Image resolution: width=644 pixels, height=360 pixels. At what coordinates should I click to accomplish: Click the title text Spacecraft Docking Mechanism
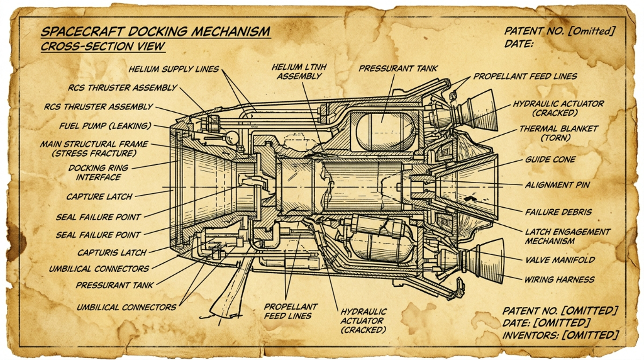(156, 31)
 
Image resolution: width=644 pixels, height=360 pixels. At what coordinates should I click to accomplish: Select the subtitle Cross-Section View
(103, 47)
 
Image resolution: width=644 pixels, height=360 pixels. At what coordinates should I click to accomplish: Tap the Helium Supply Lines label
(174, 69)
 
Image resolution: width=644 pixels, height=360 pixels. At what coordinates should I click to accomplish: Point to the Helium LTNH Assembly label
(299, 72)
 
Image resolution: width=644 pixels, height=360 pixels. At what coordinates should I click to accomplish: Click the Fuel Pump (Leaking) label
(105, 126)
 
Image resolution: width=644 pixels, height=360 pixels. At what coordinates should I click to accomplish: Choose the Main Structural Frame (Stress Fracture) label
(94, 149)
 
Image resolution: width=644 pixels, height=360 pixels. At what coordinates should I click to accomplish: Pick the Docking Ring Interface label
(98, 172)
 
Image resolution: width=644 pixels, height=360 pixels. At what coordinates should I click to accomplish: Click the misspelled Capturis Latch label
(112, 253)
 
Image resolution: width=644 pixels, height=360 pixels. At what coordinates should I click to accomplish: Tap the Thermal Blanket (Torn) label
(558, 133)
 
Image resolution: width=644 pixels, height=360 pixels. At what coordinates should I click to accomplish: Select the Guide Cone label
(550, 159)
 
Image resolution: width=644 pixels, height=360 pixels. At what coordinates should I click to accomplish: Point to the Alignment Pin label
(557, 185)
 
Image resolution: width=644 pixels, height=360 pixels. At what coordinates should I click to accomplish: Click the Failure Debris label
(558, 212)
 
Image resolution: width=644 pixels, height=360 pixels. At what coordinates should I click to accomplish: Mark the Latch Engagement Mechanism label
(568, 236)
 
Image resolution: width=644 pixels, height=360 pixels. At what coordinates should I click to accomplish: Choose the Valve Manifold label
(560, 260)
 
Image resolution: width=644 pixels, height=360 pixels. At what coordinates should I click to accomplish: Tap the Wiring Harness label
(559, 279)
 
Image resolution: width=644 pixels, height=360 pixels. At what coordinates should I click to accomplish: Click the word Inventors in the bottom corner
(530, 335)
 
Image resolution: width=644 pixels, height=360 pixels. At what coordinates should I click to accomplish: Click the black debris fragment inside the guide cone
(469, 198)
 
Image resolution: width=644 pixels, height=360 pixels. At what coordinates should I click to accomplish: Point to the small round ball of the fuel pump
(232, 137)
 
